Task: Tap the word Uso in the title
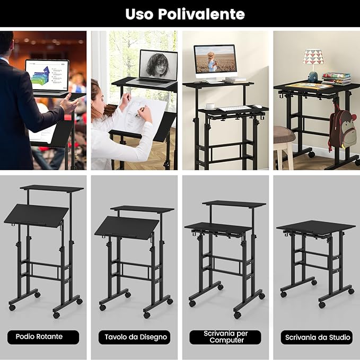pos(139,14)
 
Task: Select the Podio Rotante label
pos(43,337)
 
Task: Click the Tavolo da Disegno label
pos(135,337)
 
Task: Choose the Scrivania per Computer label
pos(225,337)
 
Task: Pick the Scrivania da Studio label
pos(317,337)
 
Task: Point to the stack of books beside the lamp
pos(336,78)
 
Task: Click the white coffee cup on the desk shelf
pos(210,106)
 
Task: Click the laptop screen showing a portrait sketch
pos(157,66)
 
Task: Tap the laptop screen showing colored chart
pos(47,74)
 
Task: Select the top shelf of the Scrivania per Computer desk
pos(233,204)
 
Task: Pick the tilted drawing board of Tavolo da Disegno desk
pos(127,226)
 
